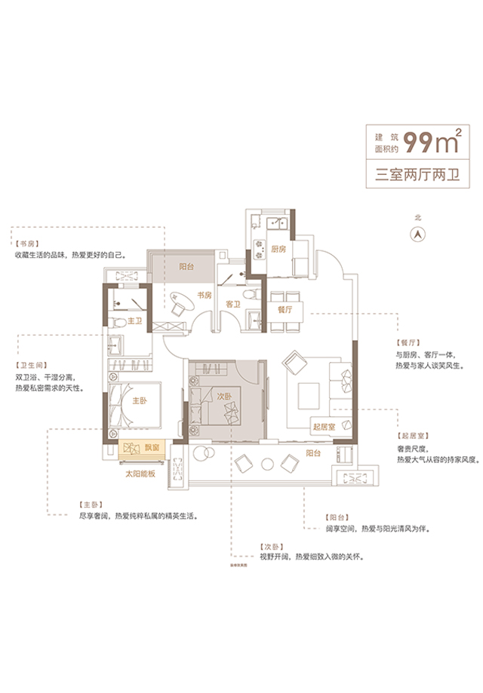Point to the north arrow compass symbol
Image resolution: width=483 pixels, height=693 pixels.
coord(416,232)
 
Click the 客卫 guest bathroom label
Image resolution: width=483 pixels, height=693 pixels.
coord(232,305)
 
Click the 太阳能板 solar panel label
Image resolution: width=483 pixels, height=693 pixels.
coord(140,473)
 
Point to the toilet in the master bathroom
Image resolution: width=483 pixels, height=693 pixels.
coord(115,322)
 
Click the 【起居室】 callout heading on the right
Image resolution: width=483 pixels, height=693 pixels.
coord(412,437)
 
